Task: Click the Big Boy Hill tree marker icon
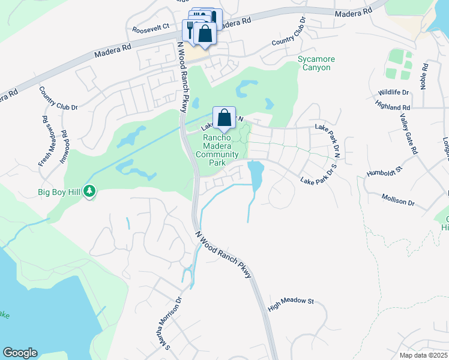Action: [90, 191]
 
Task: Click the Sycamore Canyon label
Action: [316, 63]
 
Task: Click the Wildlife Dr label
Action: [394, 92]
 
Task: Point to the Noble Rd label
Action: [424, 76]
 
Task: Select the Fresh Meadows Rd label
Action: [44, 141]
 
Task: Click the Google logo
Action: [20, 353]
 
